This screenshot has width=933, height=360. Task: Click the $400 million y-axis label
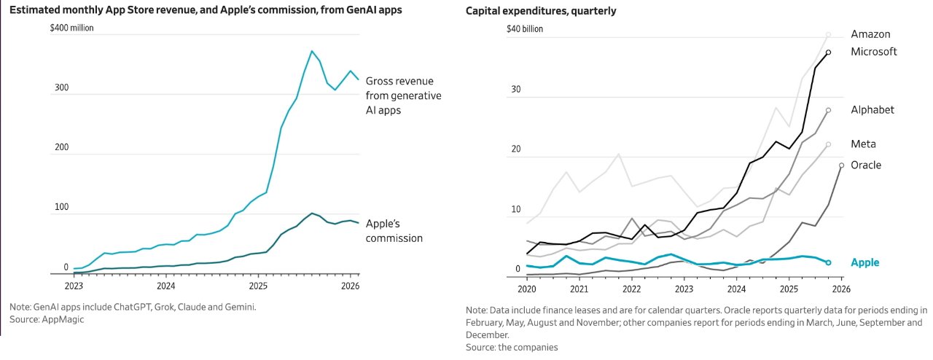[71, 28]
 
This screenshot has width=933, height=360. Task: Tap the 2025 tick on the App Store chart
[258, 286]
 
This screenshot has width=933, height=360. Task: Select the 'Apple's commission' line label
[394, 230]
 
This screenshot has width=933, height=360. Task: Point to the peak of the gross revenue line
[312, 51]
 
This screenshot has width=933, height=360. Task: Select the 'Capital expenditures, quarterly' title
[541, 10]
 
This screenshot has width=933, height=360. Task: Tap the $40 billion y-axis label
[525, 29]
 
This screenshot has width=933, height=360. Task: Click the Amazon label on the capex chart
[870, 34]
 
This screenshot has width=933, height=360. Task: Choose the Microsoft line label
[873, 52]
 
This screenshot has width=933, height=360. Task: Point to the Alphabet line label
[873, 110]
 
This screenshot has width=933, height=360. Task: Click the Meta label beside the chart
[863, 144]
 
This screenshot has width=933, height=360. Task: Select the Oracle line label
[866, 165]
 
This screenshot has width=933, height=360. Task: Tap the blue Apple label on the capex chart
[865, 262]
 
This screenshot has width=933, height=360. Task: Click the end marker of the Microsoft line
[828, 52]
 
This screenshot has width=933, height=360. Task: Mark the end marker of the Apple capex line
[828, 262]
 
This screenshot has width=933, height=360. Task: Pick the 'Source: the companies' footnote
[512, 348]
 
